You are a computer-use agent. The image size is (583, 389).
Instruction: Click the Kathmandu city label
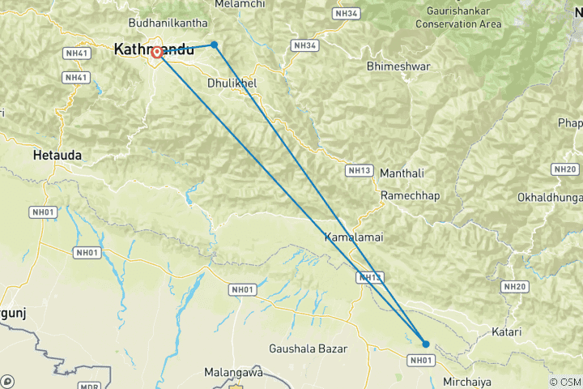(154, 49)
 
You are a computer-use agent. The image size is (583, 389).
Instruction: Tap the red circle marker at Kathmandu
(156, 53)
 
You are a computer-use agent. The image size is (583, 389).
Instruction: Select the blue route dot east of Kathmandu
(214, 45)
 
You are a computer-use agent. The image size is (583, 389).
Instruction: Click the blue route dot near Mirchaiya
(426, 344)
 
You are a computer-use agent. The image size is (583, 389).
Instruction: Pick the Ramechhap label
(410, 197)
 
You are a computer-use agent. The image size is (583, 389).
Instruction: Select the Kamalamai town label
(353, 237)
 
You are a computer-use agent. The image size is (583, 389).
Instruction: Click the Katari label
(506, 332)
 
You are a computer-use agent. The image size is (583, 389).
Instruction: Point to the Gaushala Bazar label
(308, 349)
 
